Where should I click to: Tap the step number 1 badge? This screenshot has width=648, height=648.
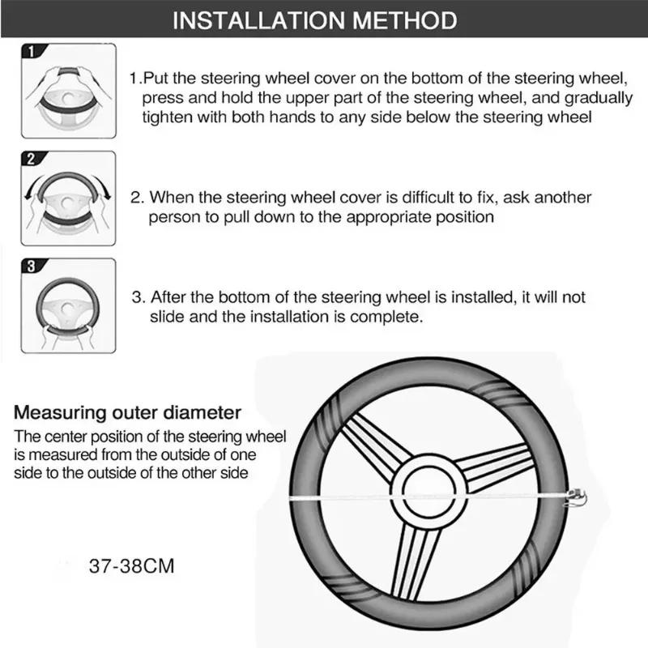pos(31,53)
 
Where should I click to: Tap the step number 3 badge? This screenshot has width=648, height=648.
pos(31,266)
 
